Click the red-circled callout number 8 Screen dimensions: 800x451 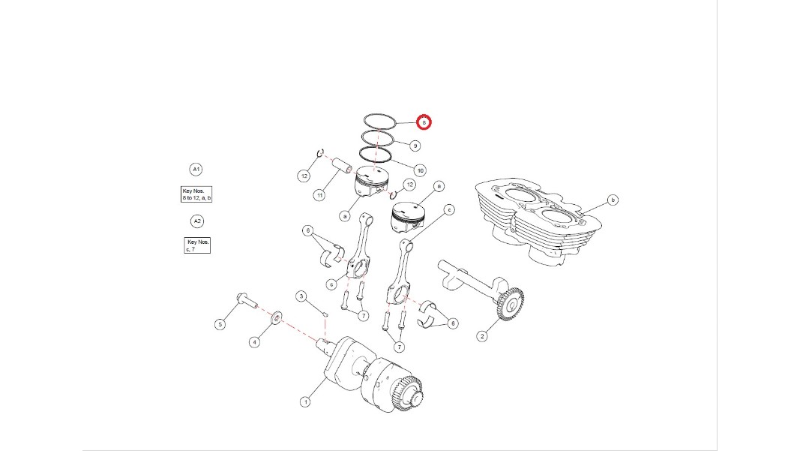coord(424,122)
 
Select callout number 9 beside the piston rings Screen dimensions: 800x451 coord(415,146)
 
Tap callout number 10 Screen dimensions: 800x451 coord(420,170)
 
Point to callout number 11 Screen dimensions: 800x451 coord(319,195)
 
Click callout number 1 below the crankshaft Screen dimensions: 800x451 coord(305,402)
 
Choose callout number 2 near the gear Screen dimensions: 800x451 coord(482,336)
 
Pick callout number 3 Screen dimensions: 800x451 coord(301,296)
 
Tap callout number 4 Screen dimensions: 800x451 coord(255,342)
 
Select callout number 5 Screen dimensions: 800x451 coord(220,324)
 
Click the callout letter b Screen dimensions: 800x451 coord(613,200)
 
